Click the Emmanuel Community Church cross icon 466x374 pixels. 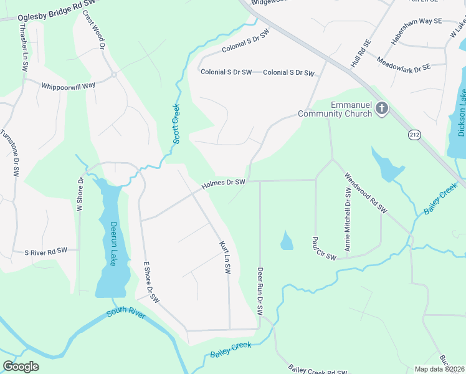382,109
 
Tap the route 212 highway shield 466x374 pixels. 415,134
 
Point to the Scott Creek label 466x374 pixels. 176,124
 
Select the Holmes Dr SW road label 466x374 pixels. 224,183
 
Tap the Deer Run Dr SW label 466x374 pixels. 260,290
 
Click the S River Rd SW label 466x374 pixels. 45,252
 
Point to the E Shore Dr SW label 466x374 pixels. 151,282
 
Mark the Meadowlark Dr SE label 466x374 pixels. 404,64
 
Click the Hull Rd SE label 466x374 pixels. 361,53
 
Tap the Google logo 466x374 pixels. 21,367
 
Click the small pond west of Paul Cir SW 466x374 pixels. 287,241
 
